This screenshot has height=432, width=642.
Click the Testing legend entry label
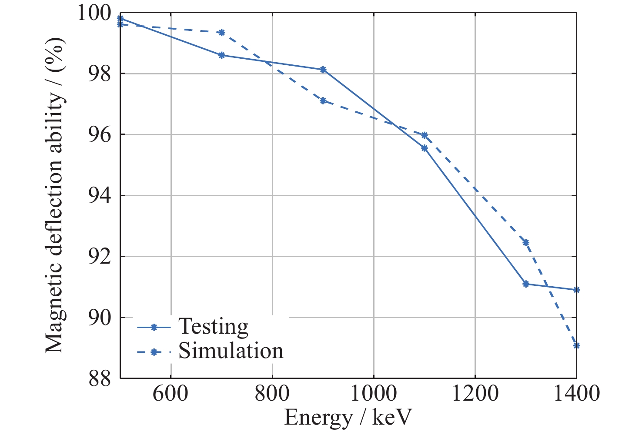(213, 326)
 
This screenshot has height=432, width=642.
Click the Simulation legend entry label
(231, 351)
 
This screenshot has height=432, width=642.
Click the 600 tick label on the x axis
(171, 394)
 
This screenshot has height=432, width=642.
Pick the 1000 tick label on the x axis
(374, 394)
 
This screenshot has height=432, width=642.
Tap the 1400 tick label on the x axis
(576, 394)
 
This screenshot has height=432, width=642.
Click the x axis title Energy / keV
(348, 418)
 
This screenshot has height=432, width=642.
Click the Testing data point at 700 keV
(221, 55)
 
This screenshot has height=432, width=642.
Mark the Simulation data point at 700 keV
(221, 33)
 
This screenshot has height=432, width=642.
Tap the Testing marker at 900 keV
(323, 70)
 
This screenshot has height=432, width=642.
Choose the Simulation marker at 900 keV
(323, 101)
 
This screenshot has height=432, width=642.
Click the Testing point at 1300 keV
(526, 284)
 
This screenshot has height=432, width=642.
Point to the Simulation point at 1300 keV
(526, 243)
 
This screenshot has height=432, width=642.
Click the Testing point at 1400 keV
(576, 290)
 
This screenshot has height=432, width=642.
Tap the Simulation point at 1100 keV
(425, 135)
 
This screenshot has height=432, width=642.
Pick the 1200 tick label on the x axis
(475, 394)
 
